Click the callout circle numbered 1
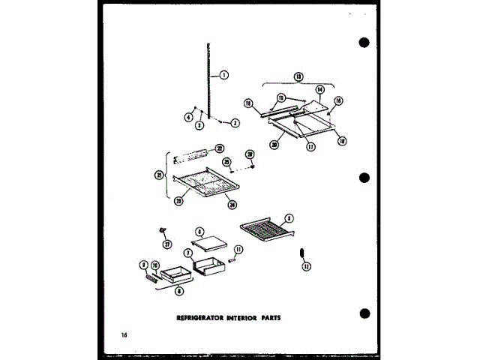click(223, 73)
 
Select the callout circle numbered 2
click(235, 122)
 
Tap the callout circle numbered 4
click(188, 116)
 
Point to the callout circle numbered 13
click(298, 76)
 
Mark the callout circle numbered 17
click(310, 146)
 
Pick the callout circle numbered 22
click(220, 148)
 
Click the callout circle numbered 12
click(305, 266)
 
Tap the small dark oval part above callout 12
click(302, 253)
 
